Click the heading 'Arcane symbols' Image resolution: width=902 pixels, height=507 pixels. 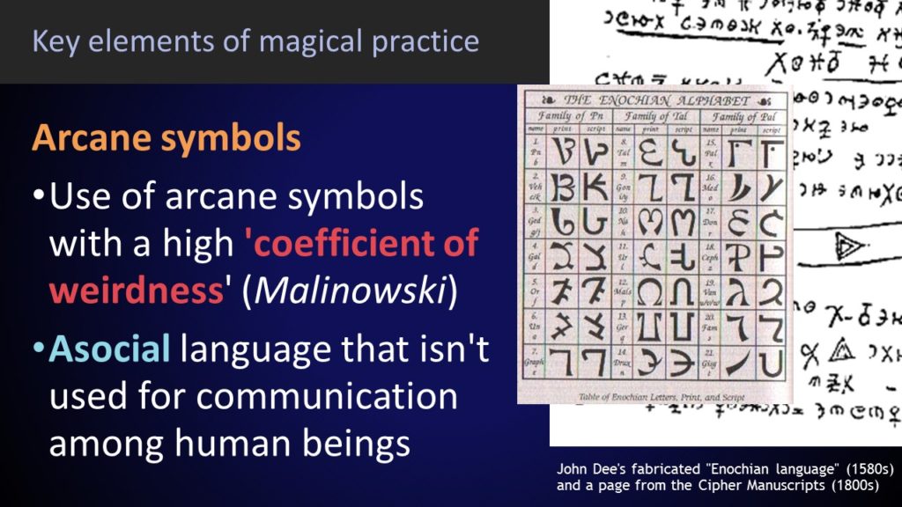166,139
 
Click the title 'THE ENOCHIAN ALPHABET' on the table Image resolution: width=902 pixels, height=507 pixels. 655,100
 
